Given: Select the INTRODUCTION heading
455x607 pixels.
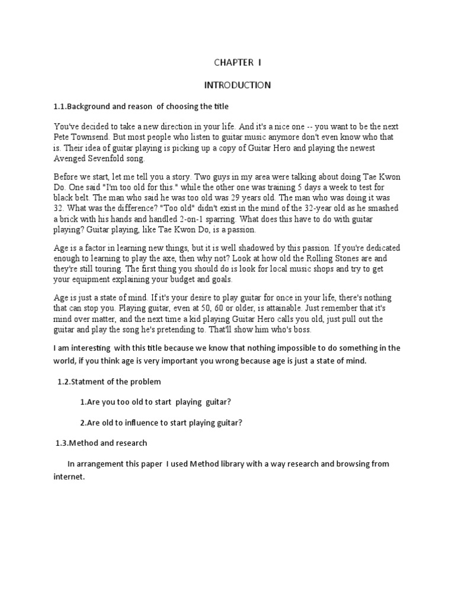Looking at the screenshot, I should pos(237,85).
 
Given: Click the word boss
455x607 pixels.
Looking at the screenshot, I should pos(300,330).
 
